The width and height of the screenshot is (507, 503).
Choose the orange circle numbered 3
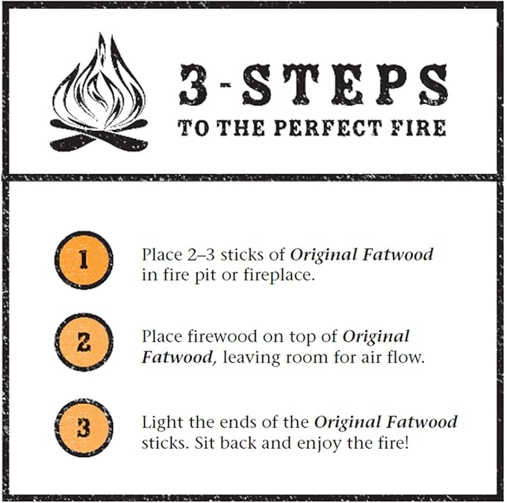83,429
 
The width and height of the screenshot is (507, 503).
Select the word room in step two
302,357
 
